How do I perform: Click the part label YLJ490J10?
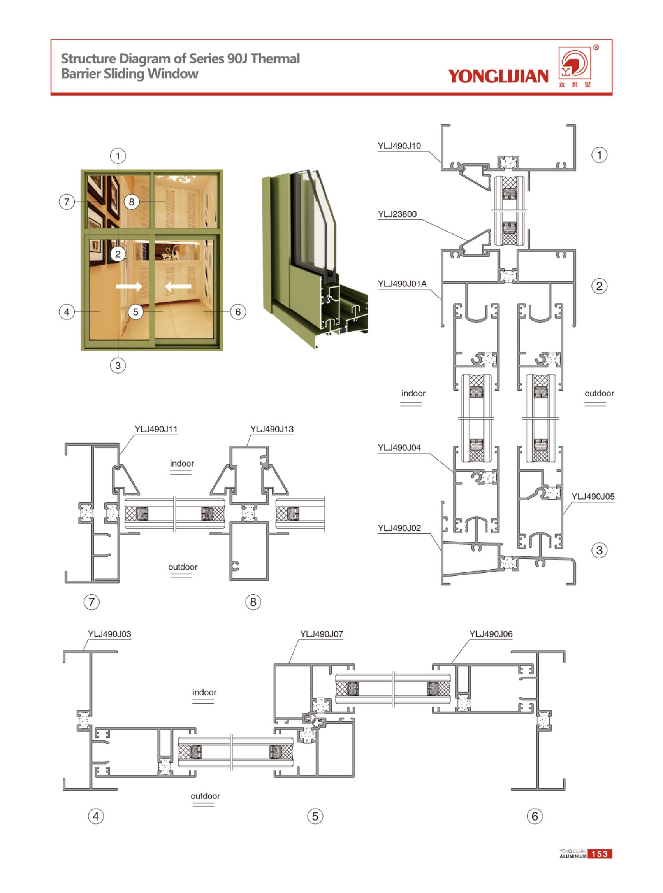point(399,146)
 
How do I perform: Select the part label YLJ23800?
point(397,214)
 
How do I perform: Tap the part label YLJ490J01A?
point(402,284)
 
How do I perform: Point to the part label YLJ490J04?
point(399,448)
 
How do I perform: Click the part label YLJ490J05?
point(593,497)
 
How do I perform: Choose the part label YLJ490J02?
point(399,528)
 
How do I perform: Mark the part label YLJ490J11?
point(156,429)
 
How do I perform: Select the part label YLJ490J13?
point(272,429)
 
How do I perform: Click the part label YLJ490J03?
point(109,634)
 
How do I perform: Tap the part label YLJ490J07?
point(322,634)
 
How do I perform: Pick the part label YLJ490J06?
point(491,634)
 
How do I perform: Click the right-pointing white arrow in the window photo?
point(128,286)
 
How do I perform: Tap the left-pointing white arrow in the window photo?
point(178,286)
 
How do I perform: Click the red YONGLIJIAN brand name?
point(498,76)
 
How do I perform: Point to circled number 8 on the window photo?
point(131,202)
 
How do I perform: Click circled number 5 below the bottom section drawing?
point(315,816)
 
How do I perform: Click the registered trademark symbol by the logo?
point(596,48)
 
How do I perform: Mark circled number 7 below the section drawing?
point(91,602)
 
